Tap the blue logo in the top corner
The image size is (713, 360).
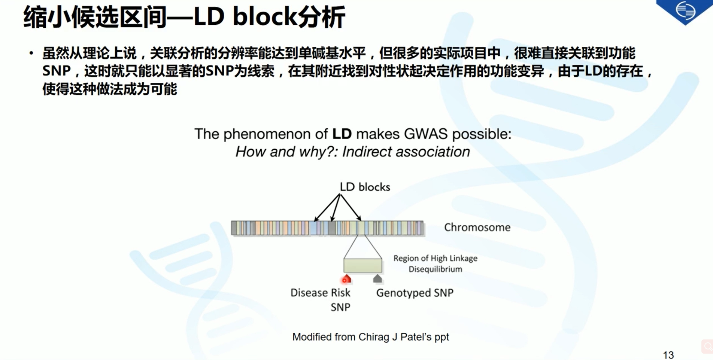click(x=685, y=10)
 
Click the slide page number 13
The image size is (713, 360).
click(x=668, y=355)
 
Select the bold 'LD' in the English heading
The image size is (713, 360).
click(x=342, y=134)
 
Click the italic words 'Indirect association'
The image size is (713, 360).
click(x=406, y=152)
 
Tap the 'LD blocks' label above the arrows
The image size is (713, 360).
click(x=365, y=187)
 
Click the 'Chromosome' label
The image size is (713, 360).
click(x=477, y=227)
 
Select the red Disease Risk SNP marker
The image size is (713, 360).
click(x=346, y=279)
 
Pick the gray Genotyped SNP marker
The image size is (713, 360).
click(x=377, y=278)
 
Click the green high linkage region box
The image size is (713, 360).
click(x=363, y=265)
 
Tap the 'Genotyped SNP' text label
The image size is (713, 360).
click(x=415, y=293)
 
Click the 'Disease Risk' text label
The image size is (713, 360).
click(x=320, y=293)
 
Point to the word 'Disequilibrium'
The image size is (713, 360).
click(x=435, y=269)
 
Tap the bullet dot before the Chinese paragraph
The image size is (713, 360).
click(x=31, y=54)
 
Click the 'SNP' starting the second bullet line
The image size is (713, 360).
click(x=57, y=71)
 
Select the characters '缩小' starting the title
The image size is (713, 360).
click(x=47, y=17)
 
